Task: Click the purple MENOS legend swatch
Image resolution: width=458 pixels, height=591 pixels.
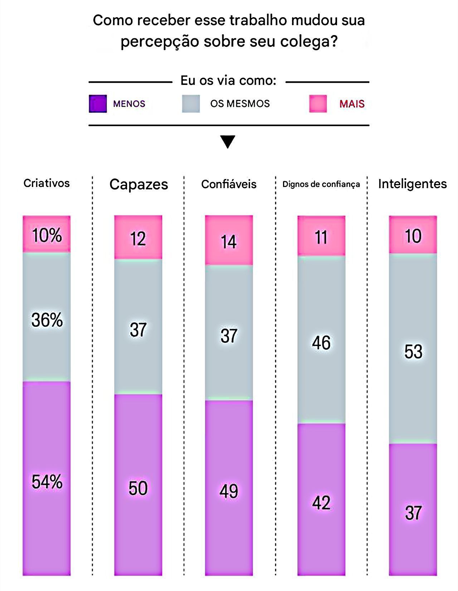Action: (x=98, y=104)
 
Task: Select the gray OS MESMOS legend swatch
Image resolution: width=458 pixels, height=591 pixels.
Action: (x=191, y=104)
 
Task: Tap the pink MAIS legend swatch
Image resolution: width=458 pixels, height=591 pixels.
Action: (x=318, y=104)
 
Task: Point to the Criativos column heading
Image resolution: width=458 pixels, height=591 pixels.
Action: (x=47, y=183)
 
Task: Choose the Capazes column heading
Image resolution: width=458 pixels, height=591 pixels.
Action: (x=138, y=184)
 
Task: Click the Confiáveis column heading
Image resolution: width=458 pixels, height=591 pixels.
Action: (x=229, y=184)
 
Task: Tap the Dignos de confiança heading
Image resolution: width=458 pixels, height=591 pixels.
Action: (x=321, y=184)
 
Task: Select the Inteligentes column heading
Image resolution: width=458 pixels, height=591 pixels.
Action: (x=412, y=184)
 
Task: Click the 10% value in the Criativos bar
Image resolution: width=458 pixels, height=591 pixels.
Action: (x=47, y=235)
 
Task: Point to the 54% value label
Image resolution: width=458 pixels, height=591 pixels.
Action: (x=47, y=482)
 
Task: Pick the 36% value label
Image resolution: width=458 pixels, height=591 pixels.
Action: (x=47, y=320)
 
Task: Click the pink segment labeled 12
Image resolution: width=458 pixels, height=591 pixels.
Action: (x=138, y=238)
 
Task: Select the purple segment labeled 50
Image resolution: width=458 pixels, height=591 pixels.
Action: (x=138, y=488)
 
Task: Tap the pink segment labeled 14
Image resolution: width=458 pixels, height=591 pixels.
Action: (x=229, y=241)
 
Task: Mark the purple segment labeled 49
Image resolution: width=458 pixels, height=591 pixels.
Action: (x=229, y=491)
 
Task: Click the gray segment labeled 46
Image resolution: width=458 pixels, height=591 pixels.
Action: (x=321, y=343)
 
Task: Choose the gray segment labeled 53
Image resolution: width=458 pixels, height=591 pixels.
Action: (x=413, y=351)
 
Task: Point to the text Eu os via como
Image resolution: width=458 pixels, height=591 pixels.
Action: (x=228, y=81)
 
